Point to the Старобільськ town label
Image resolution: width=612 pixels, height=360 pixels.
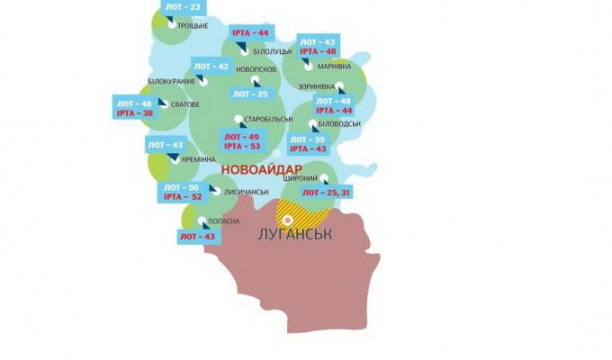pos(269,119)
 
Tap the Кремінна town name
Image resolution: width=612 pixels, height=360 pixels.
pos(198,157)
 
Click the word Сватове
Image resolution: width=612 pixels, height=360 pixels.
pos(184,104)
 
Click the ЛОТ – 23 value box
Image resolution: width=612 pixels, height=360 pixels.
pos(183,7)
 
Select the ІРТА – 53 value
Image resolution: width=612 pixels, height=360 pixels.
pos(241,147)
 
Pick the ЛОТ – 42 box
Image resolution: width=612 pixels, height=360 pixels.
pos(211,67)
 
